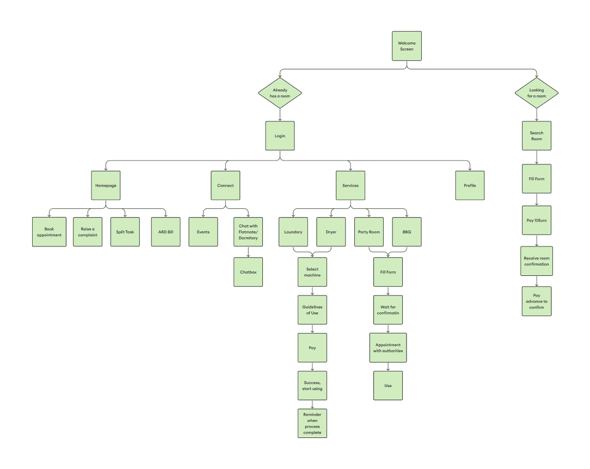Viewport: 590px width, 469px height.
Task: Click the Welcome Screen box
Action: [x=407, y=46]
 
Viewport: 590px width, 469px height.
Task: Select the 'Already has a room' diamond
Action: [x=280, y=92]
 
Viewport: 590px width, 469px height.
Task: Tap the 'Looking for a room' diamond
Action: [x=537, y=92]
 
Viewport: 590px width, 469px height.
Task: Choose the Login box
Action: [x=280, y=135]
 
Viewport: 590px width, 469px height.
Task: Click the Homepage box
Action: [x=106, y=186]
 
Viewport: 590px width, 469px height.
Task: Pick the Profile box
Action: [x=470, y=186]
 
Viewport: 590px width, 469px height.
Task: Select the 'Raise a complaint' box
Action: [x=88, y=232]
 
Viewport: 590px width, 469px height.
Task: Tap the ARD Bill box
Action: [x=165, y=232]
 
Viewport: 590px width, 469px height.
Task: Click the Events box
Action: [x=203, y=232]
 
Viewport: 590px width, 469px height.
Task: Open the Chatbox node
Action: [x=248, y=272]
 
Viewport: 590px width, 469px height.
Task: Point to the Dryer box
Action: [x=331, y=232]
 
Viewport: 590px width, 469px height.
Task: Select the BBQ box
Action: [x=407, y=232]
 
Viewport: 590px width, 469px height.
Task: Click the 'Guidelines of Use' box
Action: [x=312, y=310]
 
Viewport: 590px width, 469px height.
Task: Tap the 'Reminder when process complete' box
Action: [x=312, y=423]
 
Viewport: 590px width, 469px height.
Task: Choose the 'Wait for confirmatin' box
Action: [x=388, y=310]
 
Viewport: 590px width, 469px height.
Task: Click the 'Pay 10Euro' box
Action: [x=537, y=220]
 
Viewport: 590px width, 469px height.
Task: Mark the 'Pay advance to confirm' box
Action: [x=537, y=301]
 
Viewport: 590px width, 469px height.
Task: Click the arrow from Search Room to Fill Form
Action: [x=537, y=157]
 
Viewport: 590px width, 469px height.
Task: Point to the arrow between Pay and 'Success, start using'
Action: [x=312, y=367]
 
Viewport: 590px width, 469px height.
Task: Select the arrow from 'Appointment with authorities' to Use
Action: [x=388, y=367]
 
